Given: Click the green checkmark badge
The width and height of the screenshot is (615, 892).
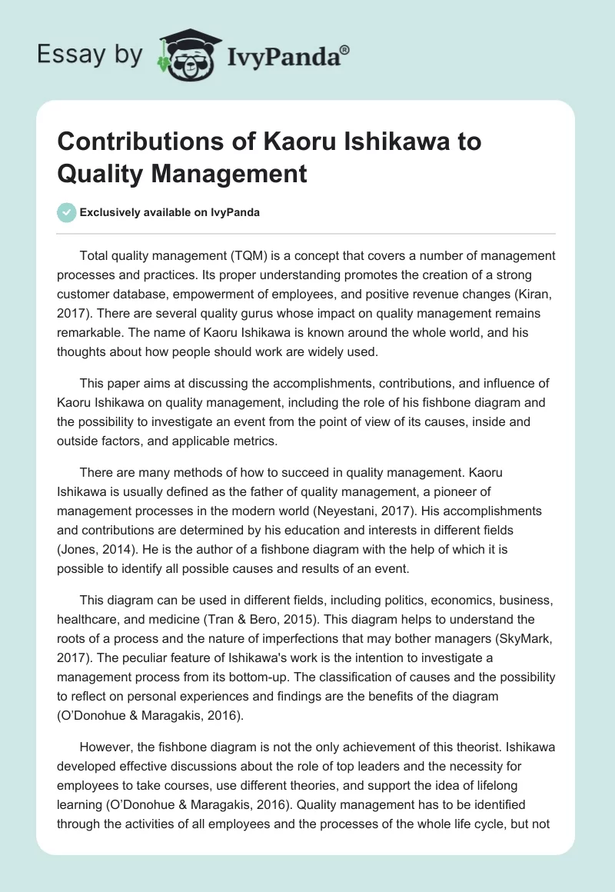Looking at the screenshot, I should pyautogui.click(x=67, y=212).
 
